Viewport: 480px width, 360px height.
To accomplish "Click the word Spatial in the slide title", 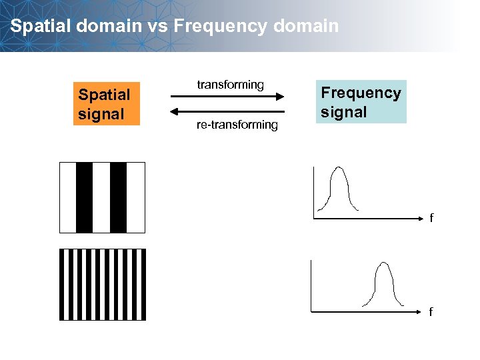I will pyautogui.click(x=37, y=26).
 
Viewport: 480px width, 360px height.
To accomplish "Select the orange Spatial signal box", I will pyautogui.click(x=104, y=104).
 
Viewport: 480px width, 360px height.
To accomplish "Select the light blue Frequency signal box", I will pyautogui.click(x=361, y=102).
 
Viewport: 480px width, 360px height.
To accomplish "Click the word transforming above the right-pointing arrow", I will pyautogui.click(x=230, y=85).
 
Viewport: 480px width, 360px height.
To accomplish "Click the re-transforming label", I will pyautogui.click(x=237, y=125).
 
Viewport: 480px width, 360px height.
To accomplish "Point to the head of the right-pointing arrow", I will pyautogui.click(x=282, y=97).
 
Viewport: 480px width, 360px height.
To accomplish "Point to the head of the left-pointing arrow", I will pyautogui.click(x=174, y=111).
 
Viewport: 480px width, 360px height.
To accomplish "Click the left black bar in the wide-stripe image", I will pyautogui.click(x=85, y=197).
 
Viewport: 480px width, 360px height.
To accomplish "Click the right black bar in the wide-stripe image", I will pyautogui.click(x=118, y=197).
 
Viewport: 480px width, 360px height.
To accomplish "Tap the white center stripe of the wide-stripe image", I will pyautogui.click(x=101, y=197).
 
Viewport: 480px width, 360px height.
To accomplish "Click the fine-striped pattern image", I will pyautogui.click(x=102, y=285).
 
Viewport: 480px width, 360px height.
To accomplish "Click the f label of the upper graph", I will pyautogui.click(x=431, y=218).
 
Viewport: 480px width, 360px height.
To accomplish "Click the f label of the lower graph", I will pyautogui.click(x=431, y=311).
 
